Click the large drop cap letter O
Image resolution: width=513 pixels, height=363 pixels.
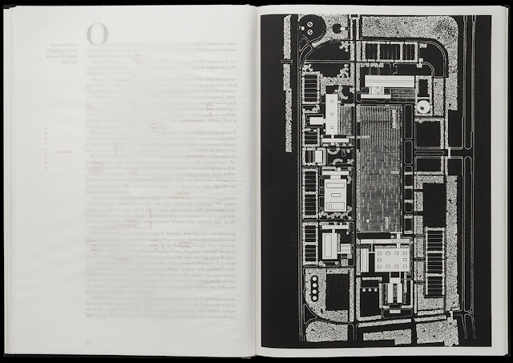click(x=98, y=34)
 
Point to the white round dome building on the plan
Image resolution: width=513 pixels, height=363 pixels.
click(x=422, y=107)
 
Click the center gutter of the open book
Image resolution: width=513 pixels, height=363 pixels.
click(x=258, y=181)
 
